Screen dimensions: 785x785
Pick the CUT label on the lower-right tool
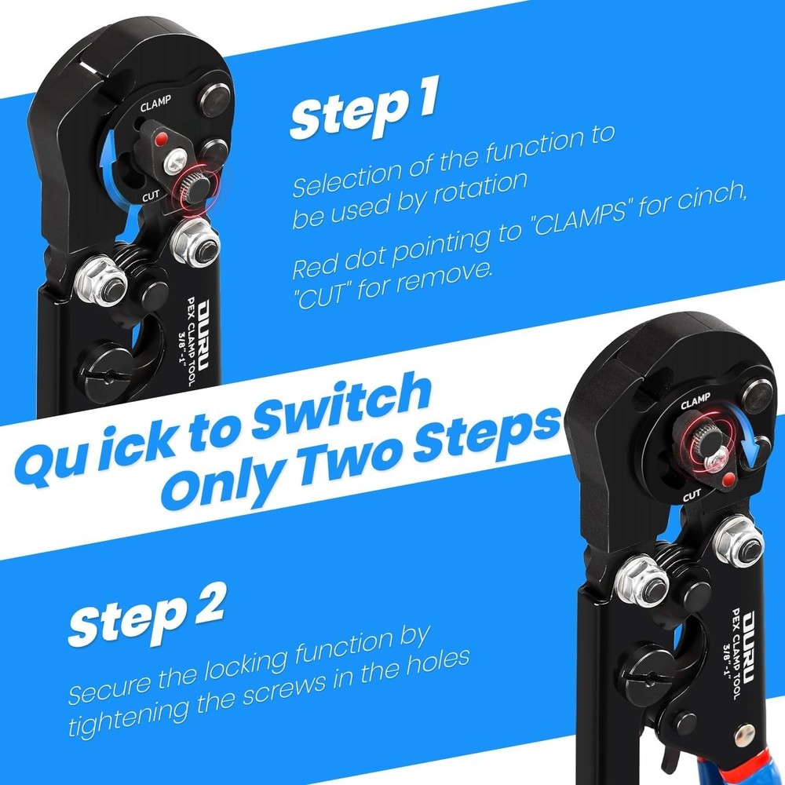[x=692, y=495]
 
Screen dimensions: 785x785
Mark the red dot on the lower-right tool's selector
[x=730, y=476]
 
